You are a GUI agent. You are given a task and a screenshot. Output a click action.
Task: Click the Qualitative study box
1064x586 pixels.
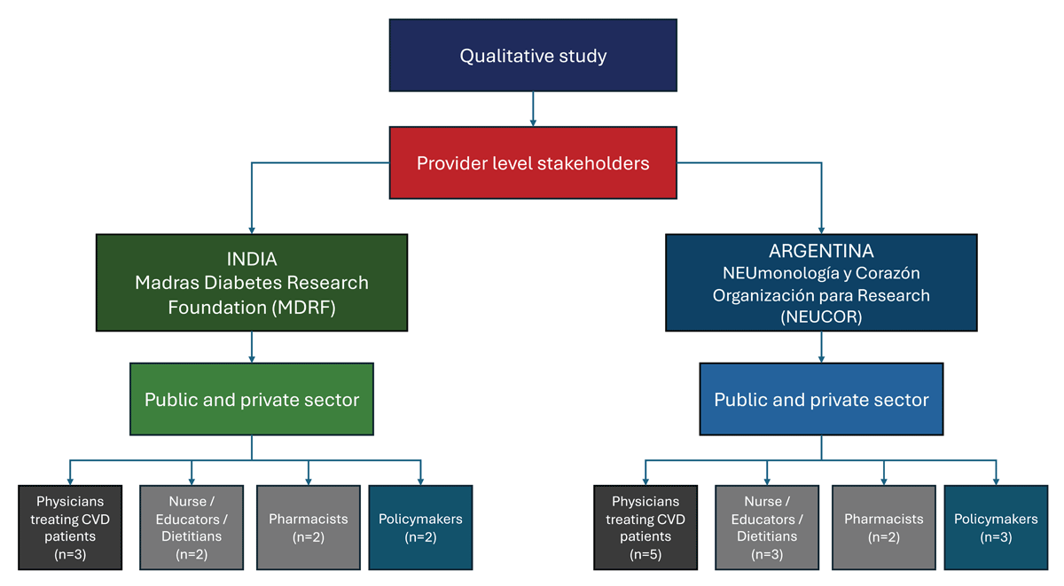click(x=533, y=56)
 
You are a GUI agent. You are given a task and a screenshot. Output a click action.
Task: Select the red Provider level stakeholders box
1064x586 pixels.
click(x=533, y=163)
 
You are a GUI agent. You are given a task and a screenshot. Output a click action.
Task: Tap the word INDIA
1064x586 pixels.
click(x=252, y=260)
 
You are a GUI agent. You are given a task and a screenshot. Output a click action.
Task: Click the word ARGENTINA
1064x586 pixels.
click(x=821, y=252)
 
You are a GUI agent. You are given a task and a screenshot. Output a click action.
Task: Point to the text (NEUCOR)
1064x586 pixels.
click(x=821, y=316)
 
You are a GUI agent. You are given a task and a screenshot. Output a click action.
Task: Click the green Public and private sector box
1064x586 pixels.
click(x=252, y=399)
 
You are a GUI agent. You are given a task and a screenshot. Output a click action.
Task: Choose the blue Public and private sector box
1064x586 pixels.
click(x=821, y=399)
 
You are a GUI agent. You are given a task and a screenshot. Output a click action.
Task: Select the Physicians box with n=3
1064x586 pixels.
click(x=70, y=527)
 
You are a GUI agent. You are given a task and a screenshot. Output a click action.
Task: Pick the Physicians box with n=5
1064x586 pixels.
click(x=645, y=527)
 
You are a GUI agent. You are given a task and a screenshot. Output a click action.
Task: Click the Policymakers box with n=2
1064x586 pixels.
click(x=420, y=527)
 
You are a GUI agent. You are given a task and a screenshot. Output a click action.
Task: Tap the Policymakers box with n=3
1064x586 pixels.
click(x=996, y=527)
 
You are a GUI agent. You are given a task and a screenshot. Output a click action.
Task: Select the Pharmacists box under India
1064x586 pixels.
click(x=308, y=527)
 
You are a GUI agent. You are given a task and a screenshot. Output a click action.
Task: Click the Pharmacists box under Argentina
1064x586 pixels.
click(x=883, y=527)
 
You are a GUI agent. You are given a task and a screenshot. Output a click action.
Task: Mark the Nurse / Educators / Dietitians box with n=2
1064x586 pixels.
click(x=192, y=527)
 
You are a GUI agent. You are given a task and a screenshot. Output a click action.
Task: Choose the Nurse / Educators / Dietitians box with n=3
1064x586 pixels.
click(x=767, y=527)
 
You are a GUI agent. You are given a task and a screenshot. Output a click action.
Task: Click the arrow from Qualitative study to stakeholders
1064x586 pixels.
click(x=533, y=108)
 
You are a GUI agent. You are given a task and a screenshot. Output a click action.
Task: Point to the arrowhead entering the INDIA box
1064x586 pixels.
click(x=252, y=230)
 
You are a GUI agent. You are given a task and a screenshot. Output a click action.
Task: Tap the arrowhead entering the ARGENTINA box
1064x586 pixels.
click(x=821, y=230)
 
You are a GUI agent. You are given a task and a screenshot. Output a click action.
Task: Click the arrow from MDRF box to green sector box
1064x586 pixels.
click(x=252, y=347)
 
